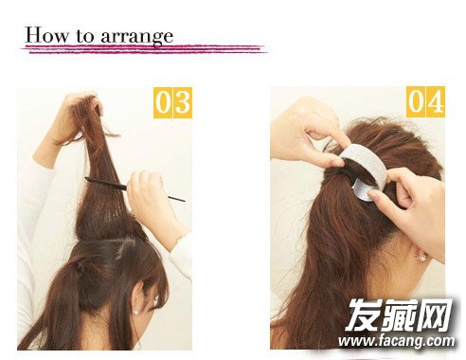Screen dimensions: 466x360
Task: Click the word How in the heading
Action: tap(46, 35)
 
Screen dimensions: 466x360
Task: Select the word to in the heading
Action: tap(84, 36)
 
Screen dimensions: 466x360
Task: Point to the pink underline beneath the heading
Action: tap(145, 49)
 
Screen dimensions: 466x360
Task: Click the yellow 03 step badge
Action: tap(172, 103)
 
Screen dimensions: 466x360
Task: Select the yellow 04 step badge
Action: tap(425, 101)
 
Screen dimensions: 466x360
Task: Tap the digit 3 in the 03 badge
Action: tap(183, 103)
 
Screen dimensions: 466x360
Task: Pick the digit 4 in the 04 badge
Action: tap(436, 101)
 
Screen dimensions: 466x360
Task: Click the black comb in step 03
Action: tap(134, 189)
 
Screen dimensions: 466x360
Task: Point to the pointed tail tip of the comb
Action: tap(185, 201)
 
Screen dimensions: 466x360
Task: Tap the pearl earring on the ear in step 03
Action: tap(136, 313)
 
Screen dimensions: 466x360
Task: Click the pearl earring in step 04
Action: tap(422, 258)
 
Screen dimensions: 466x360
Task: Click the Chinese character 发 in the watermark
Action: tap(363, 315)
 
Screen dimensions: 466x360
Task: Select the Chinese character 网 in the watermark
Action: tap(435, 315)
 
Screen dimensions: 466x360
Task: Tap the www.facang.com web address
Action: tap(397, 342)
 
